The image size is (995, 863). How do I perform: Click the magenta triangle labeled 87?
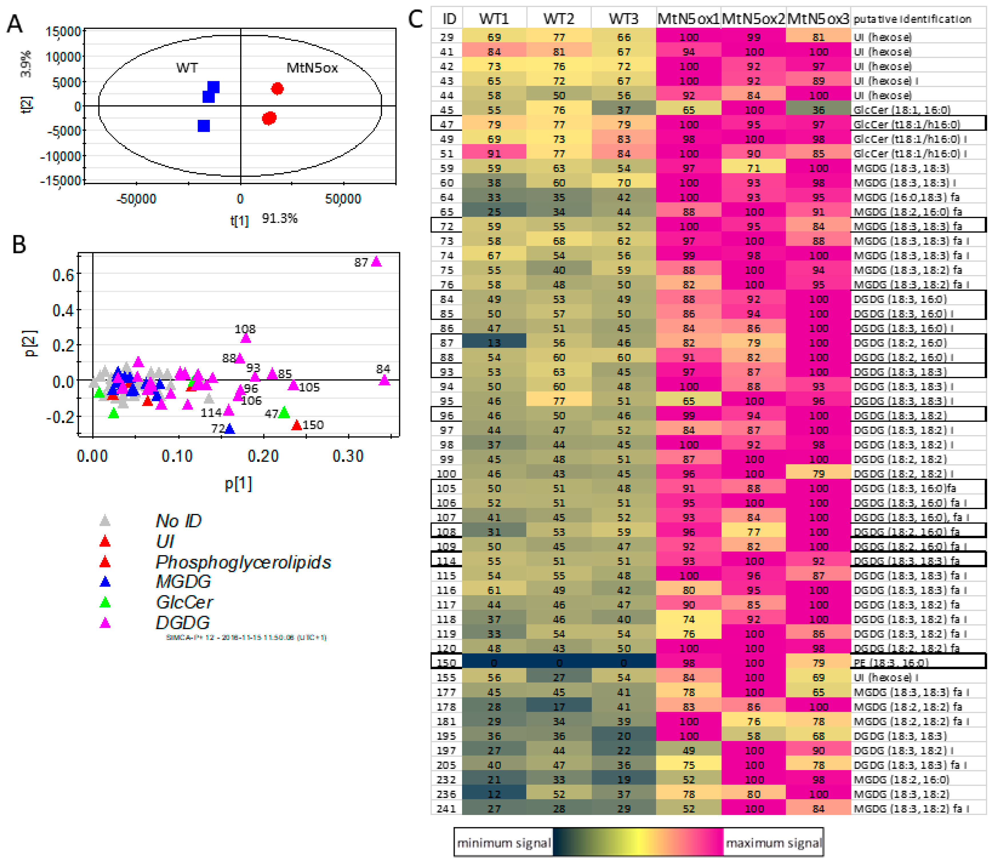point(376,262)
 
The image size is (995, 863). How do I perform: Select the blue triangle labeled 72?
point(229,428)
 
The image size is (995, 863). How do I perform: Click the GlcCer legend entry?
point(184,602)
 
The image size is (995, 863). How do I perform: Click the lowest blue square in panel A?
point(204,126)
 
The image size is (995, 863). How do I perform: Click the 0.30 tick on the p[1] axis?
point(348,456)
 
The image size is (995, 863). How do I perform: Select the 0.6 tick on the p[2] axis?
point(63,275)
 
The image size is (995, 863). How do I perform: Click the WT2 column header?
point(559,19)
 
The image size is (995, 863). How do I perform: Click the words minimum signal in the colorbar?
point(503,843)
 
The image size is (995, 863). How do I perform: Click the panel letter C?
point(415,19)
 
